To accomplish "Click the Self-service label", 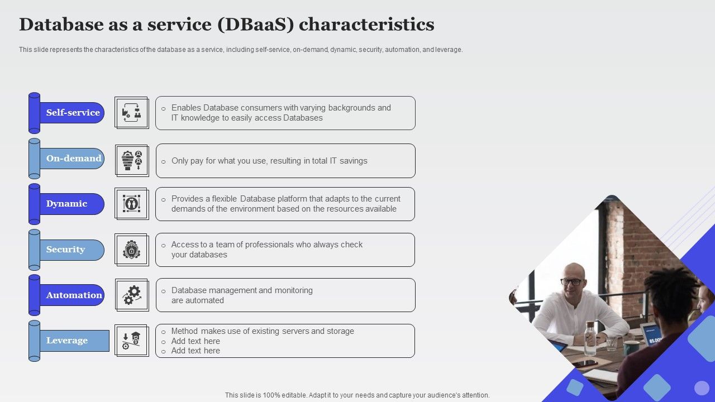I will (73, 113).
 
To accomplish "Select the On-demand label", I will (74, 159).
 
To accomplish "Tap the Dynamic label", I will (66, 204).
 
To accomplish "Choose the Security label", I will (65, 250).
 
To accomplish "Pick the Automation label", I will (74, 295).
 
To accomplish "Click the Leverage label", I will (66, 341).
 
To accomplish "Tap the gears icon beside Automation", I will (132, 295).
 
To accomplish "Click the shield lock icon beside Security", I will (131, 250).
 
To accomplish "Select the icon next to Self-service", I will (131, 113).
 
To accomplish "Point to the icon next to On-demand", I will (132, 161).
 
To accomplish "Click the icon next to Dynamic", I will (131, 204).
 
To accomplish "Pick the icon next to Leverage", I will (131, 341).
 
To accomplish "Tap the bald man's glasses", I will (571, 282).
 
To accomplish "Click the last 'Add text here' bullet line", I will (196, 351).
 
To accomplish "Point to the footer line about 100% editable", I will (357, 395).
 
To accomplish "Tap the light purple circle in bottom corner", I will (702, 387).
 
